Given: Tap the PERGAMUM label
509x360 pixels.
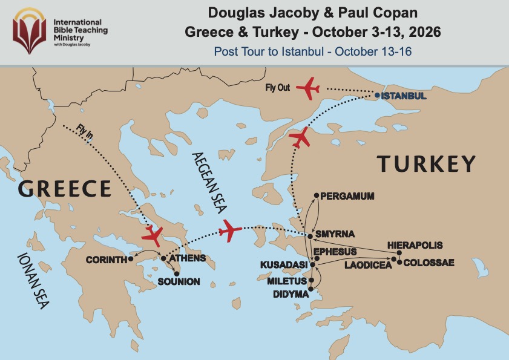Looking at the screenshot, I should (x=347, y=196).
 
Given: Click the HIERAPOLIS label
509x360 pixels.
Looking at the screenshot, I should (x=415, y=246).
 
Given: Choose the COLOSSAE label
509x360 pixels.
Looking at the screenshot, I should (x=428, y=263).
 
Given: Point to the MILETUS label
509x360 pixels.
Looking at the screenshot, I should (x=287, y=281).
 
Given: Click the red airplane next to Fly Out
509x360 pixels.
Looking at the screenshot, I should (x=308, y=88).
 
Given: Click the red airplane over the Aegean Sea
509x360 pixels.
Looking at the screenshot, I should (x=230, y=230).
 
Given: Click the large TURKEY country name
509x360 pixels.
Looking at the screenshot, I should (x=426, y=163).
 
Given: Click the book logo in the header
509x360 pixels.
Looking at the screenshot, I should (x=30, y=28).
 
